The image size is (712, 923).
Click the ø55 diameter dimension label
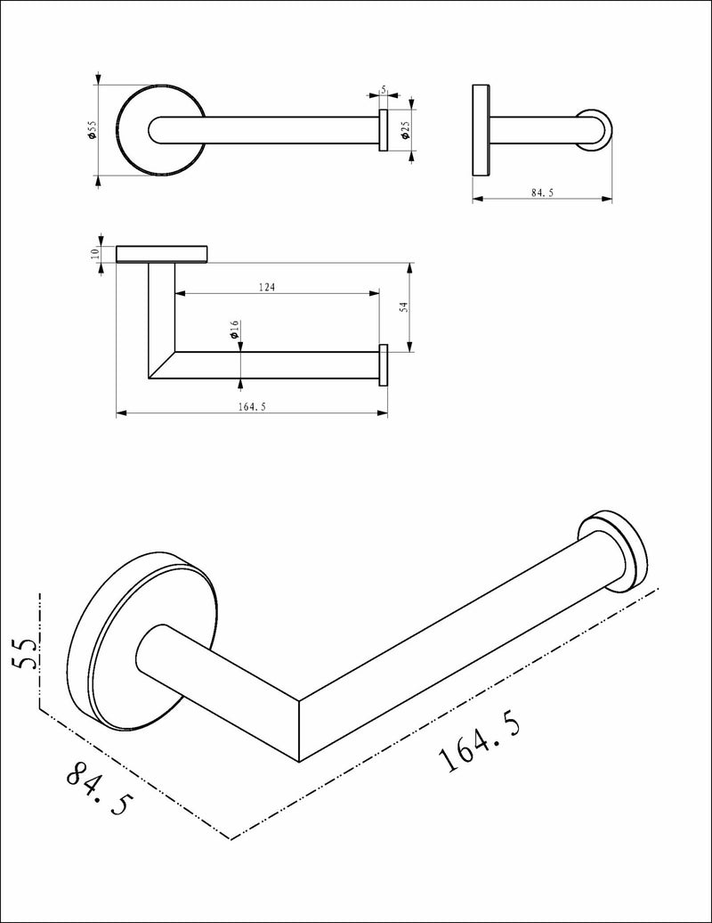click(x=91, y=132)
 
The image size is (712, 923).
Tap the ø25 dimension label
click(x=405, y=131)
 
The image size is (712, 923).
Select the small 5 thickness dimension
click(x=383, y=90)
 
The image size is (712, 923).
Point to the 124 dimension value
click(x=267, y=287)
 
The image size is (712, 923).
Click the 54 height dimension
click(x=403, y=307)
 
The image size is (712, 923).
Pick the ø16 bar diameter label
click(x=233, y=331)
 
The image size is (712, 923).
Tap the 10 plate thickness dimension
click(x=95, y=253)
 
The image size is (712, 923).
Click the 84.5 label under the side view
click(x=541, y=193)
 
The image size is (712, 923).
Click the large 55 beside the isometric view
click(x=25, y=653)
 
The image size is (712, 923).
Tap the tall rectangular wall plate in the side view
click(x=481, y=130)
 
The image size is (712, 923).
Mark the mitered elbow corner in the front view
click(x=162, y=365)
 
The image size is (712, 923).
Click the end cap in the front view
click(x=384, y=364)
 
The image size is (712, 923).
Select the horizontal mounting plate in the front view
click(x=162, y=254)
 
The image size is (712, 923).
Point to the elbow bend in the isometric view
click(x=298, y=726)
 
